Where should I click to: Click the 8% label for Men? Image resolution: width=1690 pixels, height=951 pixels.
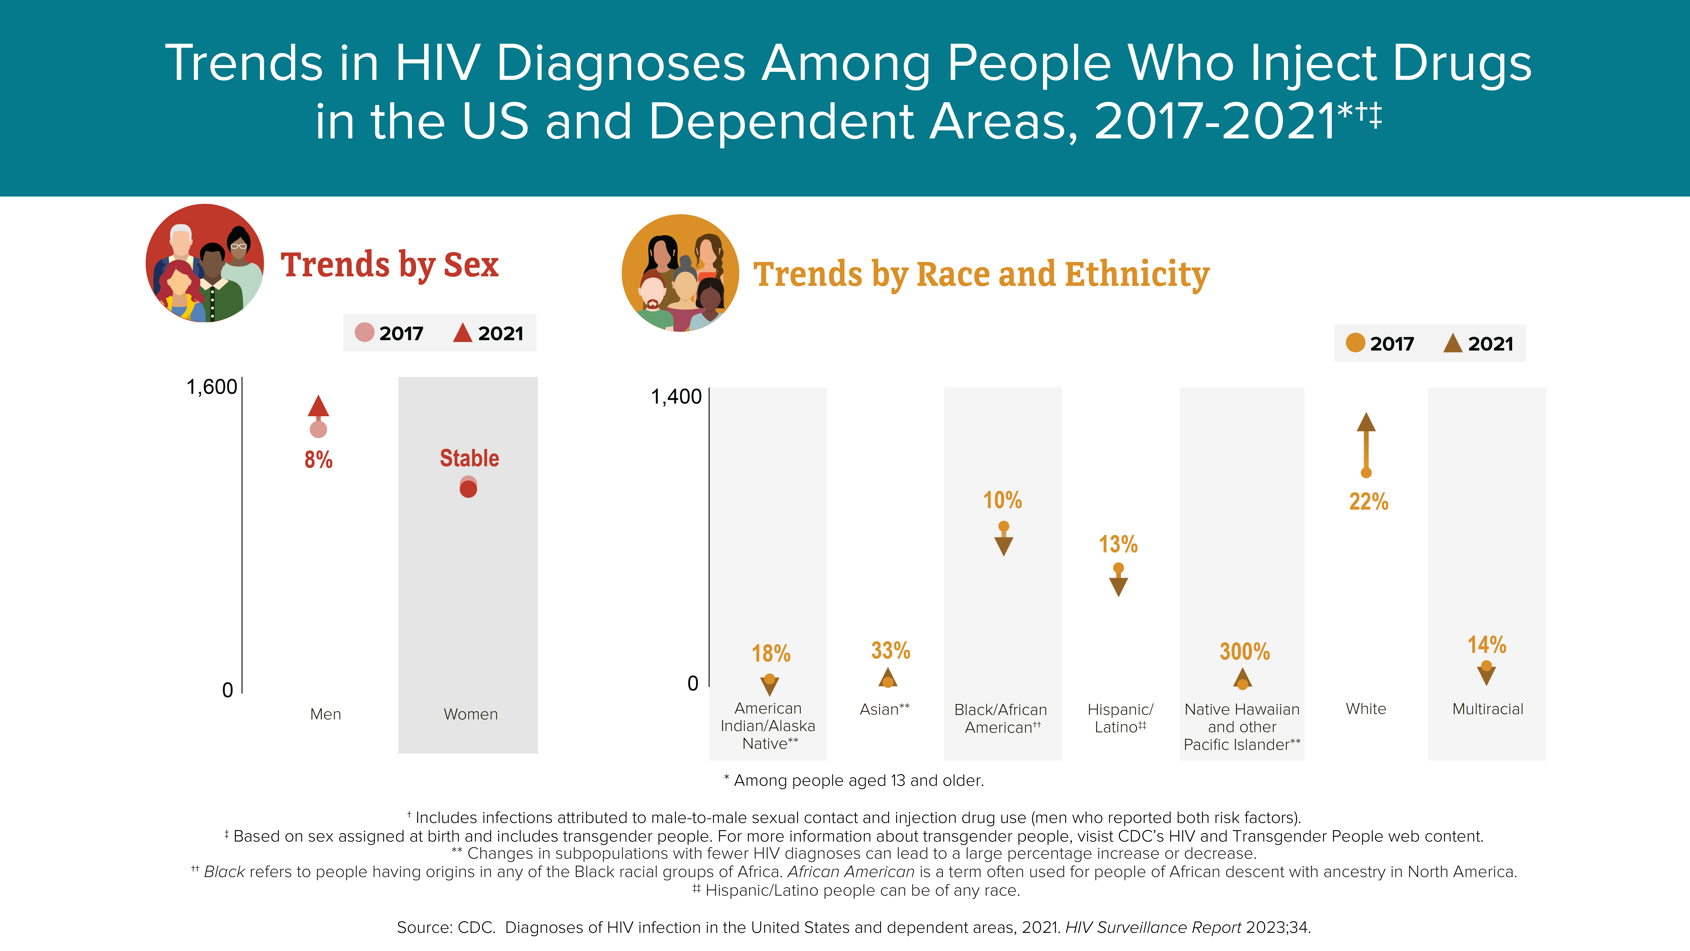(318, 459)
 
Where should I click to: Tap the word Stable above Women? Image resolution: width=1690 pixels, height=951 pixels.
(469, 458)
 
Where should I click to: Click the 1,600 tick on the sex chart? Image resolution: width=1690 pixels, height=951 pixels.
(212, 387)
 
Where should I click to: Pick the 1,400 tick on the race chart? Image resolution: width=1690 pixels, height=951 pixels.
(676, 397)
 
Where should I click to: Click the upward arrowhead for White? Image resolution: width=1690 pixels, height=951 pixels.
(1366, 422)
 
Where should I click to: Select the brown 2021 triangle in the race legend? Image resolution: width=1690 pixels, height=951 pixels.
(1453, 342)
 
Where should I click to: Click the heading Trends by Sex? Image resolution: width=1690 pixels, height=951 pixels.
(390, 265)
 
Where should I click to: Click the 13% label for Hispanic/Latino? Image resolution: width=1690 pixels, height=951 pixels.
(1119, 544)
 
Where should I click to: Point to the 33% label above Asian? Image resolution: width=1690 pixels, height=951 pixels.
(890, 650)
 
